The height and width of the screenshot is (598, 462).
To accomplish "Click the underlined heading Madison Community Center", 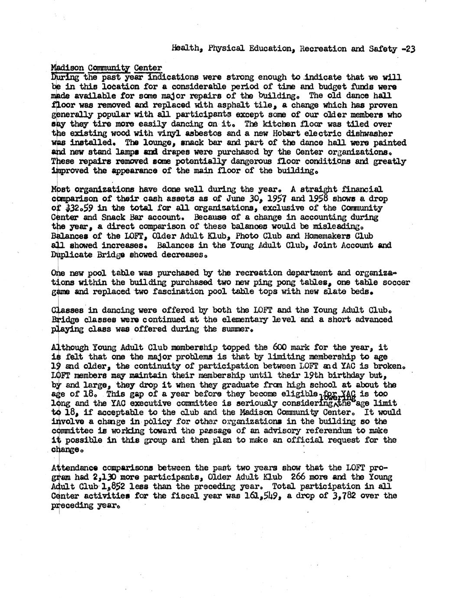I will (x=107, y=68).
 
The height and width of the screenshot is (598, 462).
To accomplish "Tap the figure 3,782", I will (x=347, y=495).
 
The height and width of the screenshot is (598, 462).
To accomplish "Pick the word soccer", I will (x=394, y=282).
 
